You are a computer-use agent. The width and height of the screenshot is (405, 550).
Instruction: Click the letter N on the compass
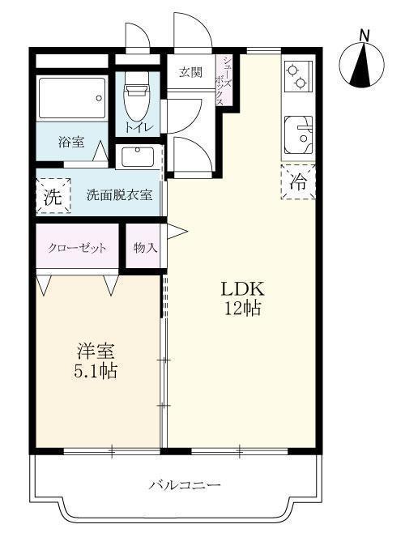pos(364,35)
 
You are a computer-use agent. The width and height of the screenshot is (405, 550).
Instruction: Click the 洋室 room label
pos(96,352)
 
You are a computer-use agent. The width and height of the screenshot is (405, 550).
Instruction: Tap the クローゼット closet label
pos(77,248)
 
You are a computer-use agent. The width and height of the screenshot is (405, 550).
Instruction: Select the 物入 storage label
pos(145,248)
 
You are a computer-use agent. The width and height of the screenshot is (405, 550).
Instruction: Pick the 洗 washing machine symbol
pos(52,195)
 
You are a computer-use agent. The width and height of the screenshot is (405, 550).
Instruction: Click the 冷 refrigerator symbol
pos(299,181)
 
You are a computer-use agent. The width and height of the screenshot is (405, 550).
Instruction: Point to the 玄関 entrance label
pos(191,72)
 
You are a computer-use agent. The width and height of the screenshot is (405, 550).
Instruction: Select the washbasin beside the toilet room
pos(139,156)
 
